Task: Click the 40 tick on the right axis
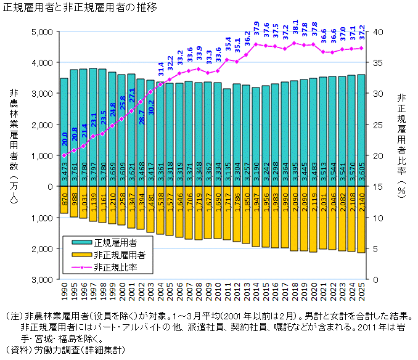378,31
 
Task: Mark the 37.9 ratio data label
256,30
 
